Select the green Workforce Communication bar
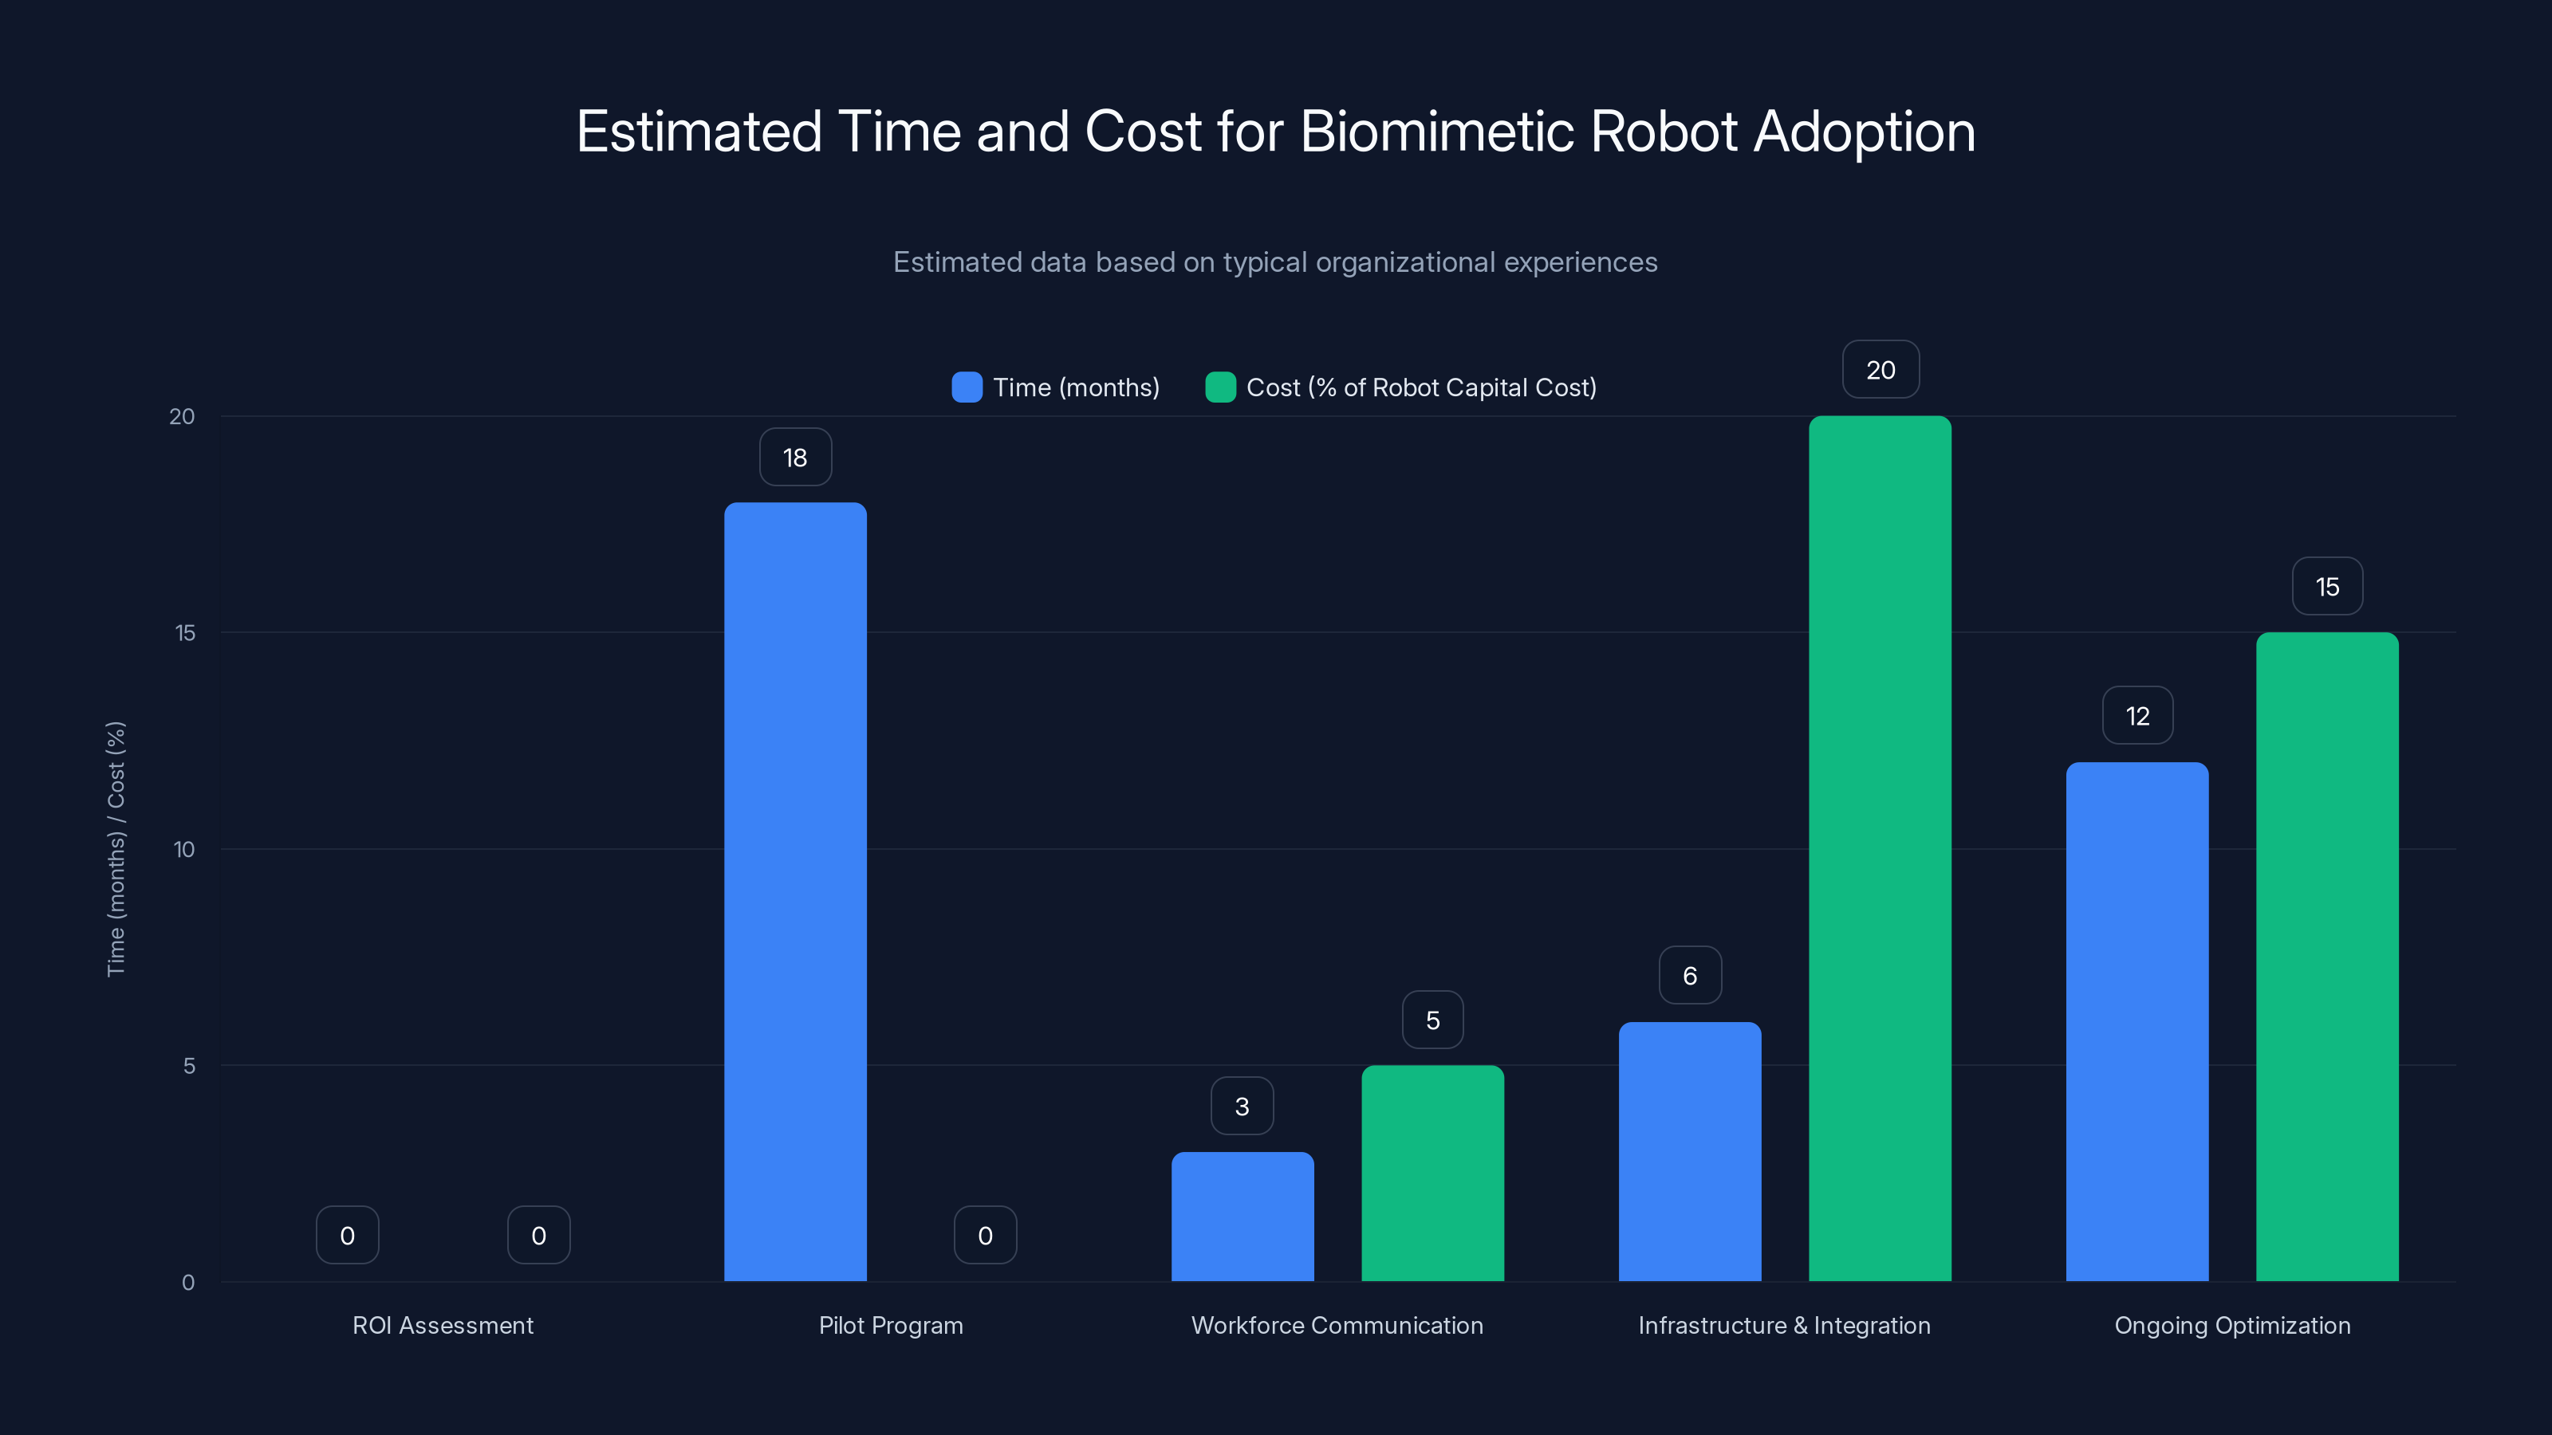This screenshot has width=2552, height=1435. (1432, 1173)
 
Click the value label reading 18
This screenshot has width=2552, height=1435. (794, 458)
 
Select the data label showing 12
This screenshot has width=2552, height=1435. (2137, 716)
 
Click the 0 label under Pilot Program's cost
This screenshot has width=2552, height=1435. (985, 1235)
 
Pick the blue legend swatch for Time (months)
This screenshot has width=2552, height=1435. (966, 387)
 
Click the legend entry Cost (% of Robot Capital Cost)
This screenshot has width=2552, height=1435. (1420, 387)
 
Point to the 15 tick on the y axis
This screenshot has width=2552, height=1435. (185, 633)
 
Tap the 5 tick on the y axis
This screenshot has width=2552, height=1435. (188, 1066)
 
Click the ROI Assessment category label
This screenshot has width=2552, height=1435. (443, 1325)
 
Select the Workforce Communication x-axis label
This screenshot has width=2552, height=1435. (1337, 1325)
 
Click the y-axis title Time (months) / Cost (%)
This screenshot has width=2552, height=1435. (116, 849)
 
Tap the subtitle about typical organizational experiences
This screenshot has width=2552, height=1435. (1275, 262)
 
